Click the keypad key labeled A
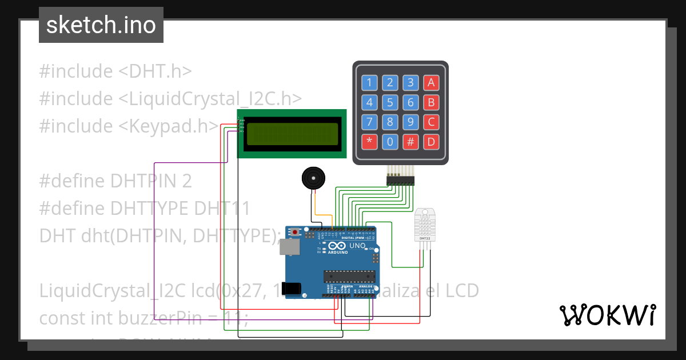click(431, 83)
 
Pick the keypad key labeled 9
click(410, 122)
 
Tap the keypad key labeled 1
click(369, 83)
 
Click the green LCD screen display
click(292, 134)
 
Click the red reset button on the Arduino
click(295, 232)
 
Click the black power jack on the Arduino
click(293, 288)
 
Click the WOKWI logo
click(607, 315)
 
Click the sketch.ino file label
click(101, 25)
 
